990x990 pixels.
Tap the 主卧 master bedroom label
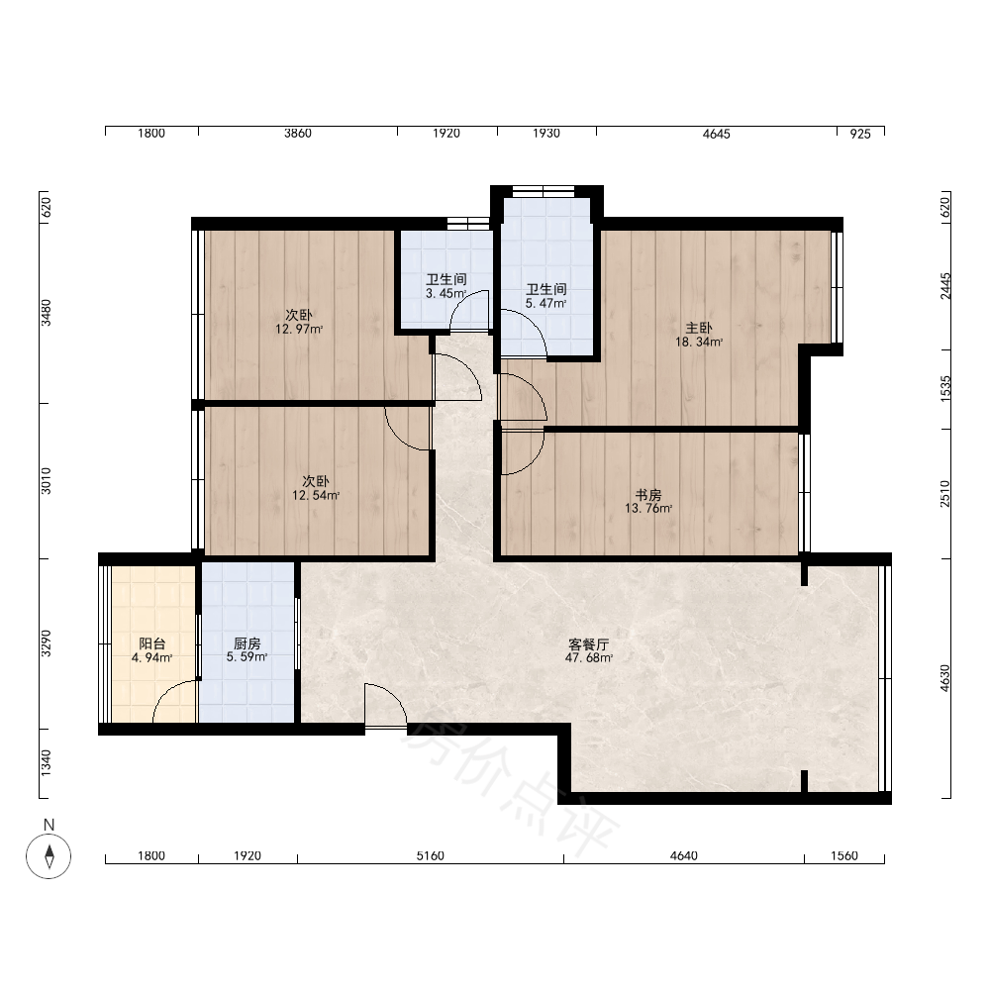(x=699, y=328)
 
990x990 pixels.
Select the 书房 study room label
(x=648, y=494)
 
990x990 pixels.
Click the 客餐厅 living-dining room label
(x=589, y=644)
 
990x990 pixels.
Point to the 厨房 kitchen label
(x=247, y=643)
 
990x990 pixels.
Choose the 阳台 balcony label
(x=152, y=643)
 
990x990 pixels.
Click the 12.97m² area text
(x=299, y=329)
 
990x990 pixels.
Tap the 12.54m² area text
(x=316, y=496)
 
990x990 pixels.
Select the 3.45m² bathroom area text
(x=445, y=294)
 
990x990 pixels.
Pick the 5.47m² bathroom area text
(x=546, y=304)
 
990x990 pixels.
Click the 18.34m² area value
(x=699, y=343)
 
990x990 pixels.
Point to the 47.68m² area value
(x=589, y=658)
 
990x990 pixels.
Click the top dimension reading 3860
(x=298, y=134)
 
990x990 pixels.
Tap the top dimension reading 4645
(x=717, y=134)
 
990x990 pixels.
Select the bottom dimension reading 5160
(x=431, y=856)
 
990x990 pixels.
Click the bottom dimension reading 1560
(x=844, y=856)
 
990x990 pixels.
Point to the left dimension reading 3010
(x=47, y=480)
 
